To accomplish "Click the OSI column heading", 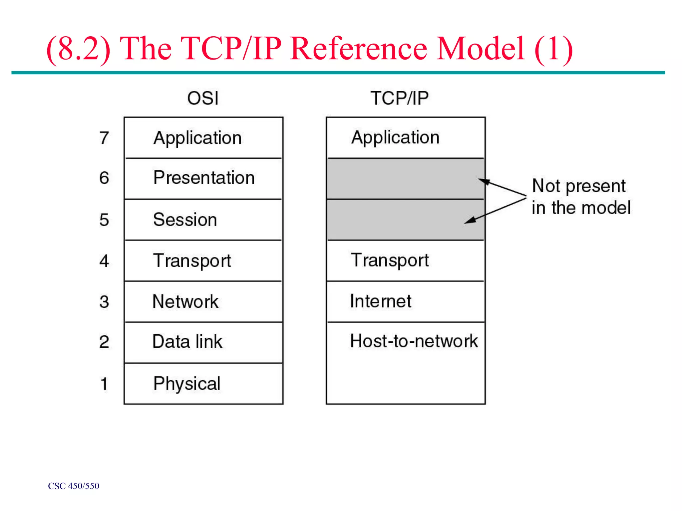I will [x=203, y=98].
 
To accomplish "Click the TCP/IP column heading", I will [x=400, y=98].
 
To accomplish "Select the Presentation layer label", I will [x=204, y=178].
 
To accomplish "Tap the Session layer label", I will [x=185, y=220].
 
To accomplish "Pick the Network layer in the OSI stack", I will [x=185, y=302].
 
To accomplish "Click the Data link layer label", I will [x=187, y=342].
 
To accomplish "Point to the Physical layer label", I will [x=187, y=384].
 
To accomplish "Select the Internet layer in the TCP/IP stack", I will [x=381, y=301].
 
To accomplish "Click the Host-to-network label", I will [x=414, y=341].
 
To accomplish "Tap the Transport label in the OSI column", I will [x=192, y=260].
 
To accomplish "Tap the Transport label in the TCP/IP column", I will [x=390, y=260].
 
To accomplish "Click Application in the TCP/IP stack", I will [x=395, y=137].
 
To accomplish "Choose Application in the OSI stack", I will [x=197, y=138].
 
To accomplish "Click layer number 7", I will [x=104, y=138].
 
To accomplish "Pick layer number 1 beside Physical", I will [x=104, y=384].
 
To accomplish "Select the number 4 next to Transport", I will [x=104, y=261].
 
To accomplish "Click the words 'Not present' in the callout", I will [x=579, y=186].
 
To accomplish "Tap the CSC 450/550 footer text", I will [x=74, y=486].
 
